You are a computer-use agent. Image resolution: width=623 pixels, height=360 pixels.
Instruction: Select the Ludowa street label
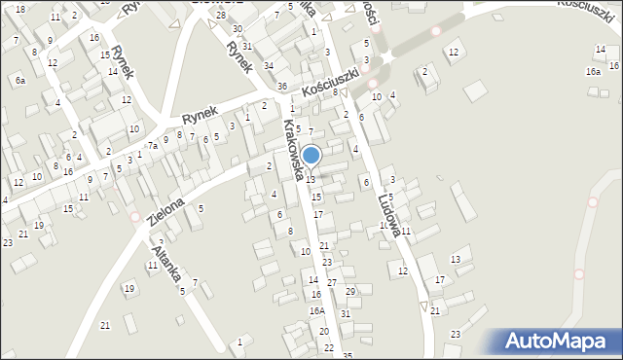click(x=389, y=207)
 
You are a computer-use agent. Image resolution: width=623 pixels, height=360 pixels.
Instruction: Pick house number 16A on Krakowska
click(x=316, y=310)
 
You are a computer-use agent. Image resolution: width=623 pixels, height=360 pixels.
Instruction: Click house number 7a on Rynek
click(x=153, y=146)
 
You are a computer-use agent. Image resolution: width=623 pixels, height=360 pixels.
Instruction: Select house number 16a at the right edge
click(x=592, y=71)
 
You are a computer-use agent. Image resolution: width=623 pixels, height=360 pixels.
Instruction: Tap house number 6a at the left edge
click(x=19, y=81)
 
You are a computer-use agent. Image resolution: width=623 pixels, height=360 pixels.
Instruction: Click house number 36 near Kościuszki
click(x=281, y=87)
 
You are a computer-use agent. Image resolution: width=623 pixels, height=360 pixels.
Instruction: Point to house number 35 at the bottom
click(x=348, y=355)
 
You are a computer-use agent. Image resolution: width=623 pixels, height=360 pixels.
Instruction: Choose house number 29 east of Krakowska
click(x=350, y=291)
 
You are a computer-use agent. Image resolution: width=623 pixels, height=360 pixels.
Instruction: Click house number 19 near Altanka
click(x=128, y=288)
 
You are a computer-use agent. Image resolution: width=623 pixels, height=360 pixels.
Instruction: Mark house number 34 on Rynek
click(x=269, y=65)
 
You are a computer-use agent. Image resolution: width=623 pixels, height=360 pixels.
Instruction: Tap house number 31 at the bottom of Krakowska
click(x=345, y=313)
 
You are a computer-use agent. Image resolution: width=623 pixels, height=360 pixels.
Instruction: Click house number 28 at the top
click(x=221, y=15)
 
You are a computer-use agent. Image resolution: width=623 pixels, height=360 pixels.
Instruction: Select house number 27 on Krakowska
click(x=332, y=282)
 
